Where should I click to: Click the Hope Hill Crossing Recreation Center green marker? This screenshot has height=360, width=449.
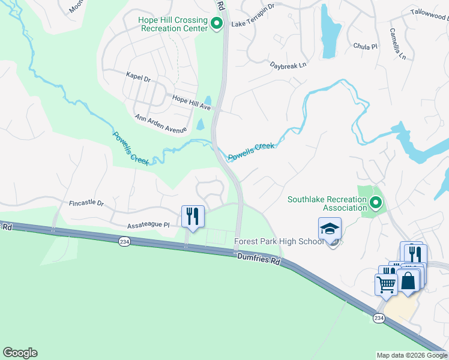(217, 24)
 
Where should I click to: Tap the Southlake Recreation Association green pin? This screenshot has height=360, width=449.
(376, 203)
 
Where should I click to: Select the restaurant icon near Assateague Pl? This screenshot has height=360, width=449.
(193, 216)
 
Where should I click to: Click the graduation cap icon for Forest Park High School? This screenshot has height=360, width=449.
(330, 229)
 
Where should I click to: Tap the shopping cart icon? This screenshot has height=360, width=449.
(386, 284)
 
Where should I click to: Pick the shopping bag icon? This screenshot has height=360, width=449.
(408, 280)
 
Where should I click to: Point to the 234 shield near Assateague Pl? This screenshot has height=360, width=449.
(124, 241)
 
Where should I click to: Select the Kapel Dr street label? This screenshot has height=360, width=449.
(138, 76)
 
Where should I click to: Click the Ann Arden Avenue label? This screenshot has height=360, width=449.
(160, 124)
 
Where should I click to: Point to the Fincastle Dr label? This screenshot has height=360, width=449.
(86, 203)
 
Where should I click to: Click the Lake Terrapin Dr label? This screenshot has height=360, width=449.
(253, 23)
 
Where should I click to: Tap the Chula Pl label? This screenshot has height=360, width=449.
(365, 46)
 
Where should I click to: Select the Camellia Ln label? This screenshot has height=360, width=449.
(397, 44)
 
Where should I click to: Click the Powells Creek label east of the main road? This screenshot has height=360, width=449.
(251, 151)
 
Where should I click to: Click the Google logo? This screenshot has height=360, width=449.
(20, 353)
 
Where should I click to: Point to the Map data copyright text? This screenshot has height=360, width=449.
(411, 355)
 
